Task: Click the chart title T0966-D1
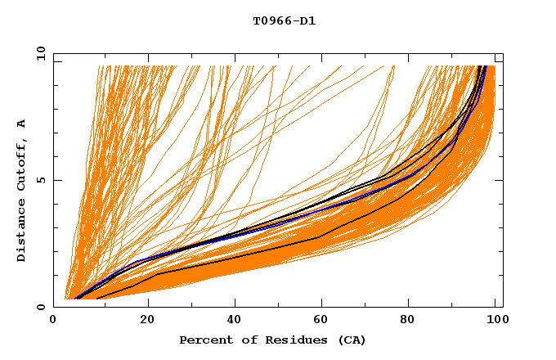(x=284, y=20)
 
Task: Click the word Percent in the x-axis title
(x=203, y=340)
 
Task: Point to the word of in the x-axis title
(x=243, y=340)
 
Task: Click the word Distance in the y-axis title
(x=21, y=232)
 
